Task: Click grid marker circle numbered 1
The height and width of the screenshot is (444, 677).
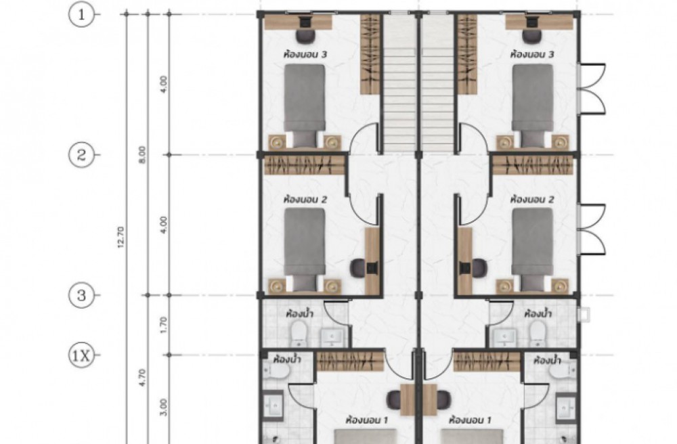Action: click(x=81, y=15)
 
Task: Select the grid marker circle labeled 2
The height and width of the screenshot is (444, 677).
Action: click(x=81, y=154)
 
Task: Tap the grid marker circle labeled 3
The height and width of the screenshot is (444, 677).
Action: click(x=81, y=296)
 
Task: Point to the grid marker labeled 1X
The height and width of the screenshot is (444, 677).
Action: click(x=81, y=356)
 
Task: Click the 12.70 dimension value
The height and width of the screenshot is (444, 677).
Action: click(x=121, y=237)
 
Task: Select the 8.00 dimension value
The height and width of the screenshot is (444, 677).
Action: click(x=142, y=154)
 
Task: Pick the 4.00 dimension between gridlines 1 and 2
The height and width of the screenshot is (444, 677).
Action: click(x=163, y=85)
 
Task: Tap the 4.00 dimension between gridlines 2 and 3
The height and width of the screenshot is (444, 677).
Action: click(x=163, y=225)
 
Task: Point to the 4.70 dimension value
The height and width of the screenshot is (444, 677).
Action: click(x=144, y=377)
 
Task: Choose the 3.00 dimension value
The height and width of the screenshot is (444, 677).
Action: click(x=163, y=407)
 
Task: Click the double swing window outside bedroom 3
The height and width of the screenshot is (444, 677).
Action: click(x=591, y=89)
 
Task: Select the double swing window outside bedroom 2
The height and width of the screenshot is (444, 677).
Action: click(x=591, y=229)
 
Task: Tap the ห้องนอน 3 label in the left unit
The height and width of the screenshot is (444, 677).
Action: click(x=305, y=55)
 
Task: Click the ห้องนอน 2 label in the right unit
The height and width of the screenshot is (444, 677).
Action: click(x=532, y=200)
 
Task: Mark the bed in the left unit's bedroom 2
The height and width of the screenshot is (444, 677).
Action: click(x=305, y=249)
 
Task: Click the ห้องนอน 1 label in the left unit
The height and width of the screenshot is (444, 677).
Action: click(x=366, y=420)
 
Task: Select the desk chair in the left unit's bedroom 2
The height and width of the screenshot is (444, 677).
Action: click(x=358, y=268)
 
